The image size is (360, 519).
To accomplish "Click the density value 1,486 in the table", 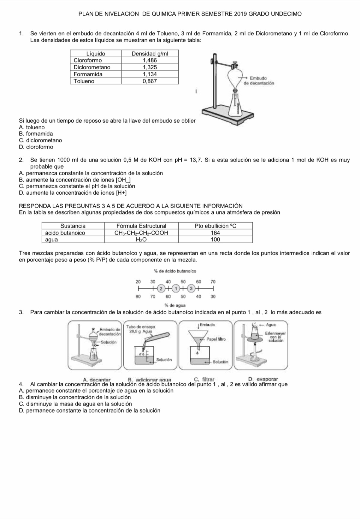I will tap(150, 60).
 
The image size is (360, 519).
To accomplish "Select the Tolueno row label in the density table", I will tap(84, 81).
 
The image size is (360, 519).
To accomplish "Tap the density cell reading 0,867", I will tap(150, 81).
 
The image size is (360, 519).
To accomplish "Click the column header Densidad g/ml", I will tap(150, 54).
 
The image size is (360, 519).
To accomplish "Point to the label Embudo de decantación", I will tap(259, 81).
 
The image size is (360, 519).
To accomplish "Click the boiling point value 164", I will tap(215, 233).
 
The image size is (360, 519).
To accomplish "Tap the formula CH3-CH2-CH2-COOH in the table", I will tap(141, 233).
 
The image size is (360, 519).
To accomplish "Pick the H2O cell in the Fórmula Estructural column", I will tap(141, 239).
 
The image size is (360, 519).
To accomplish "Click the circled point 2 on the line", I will tap(161, 289).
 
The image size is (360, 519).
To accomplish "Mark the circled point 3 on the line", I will tap(191, 289).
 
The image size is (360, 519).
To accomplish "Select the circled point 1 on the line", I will tap(176, 289).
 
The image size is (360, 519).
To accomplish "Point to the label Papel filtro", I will tap(216, 339).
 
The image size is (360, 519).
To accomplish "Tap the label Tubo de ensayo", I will tap(141, 326).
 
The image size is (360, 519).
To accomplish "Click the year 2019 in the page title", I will tap(240, 14).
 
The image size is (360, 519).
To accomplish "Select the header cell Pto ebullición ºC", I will tap(215, 226).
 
